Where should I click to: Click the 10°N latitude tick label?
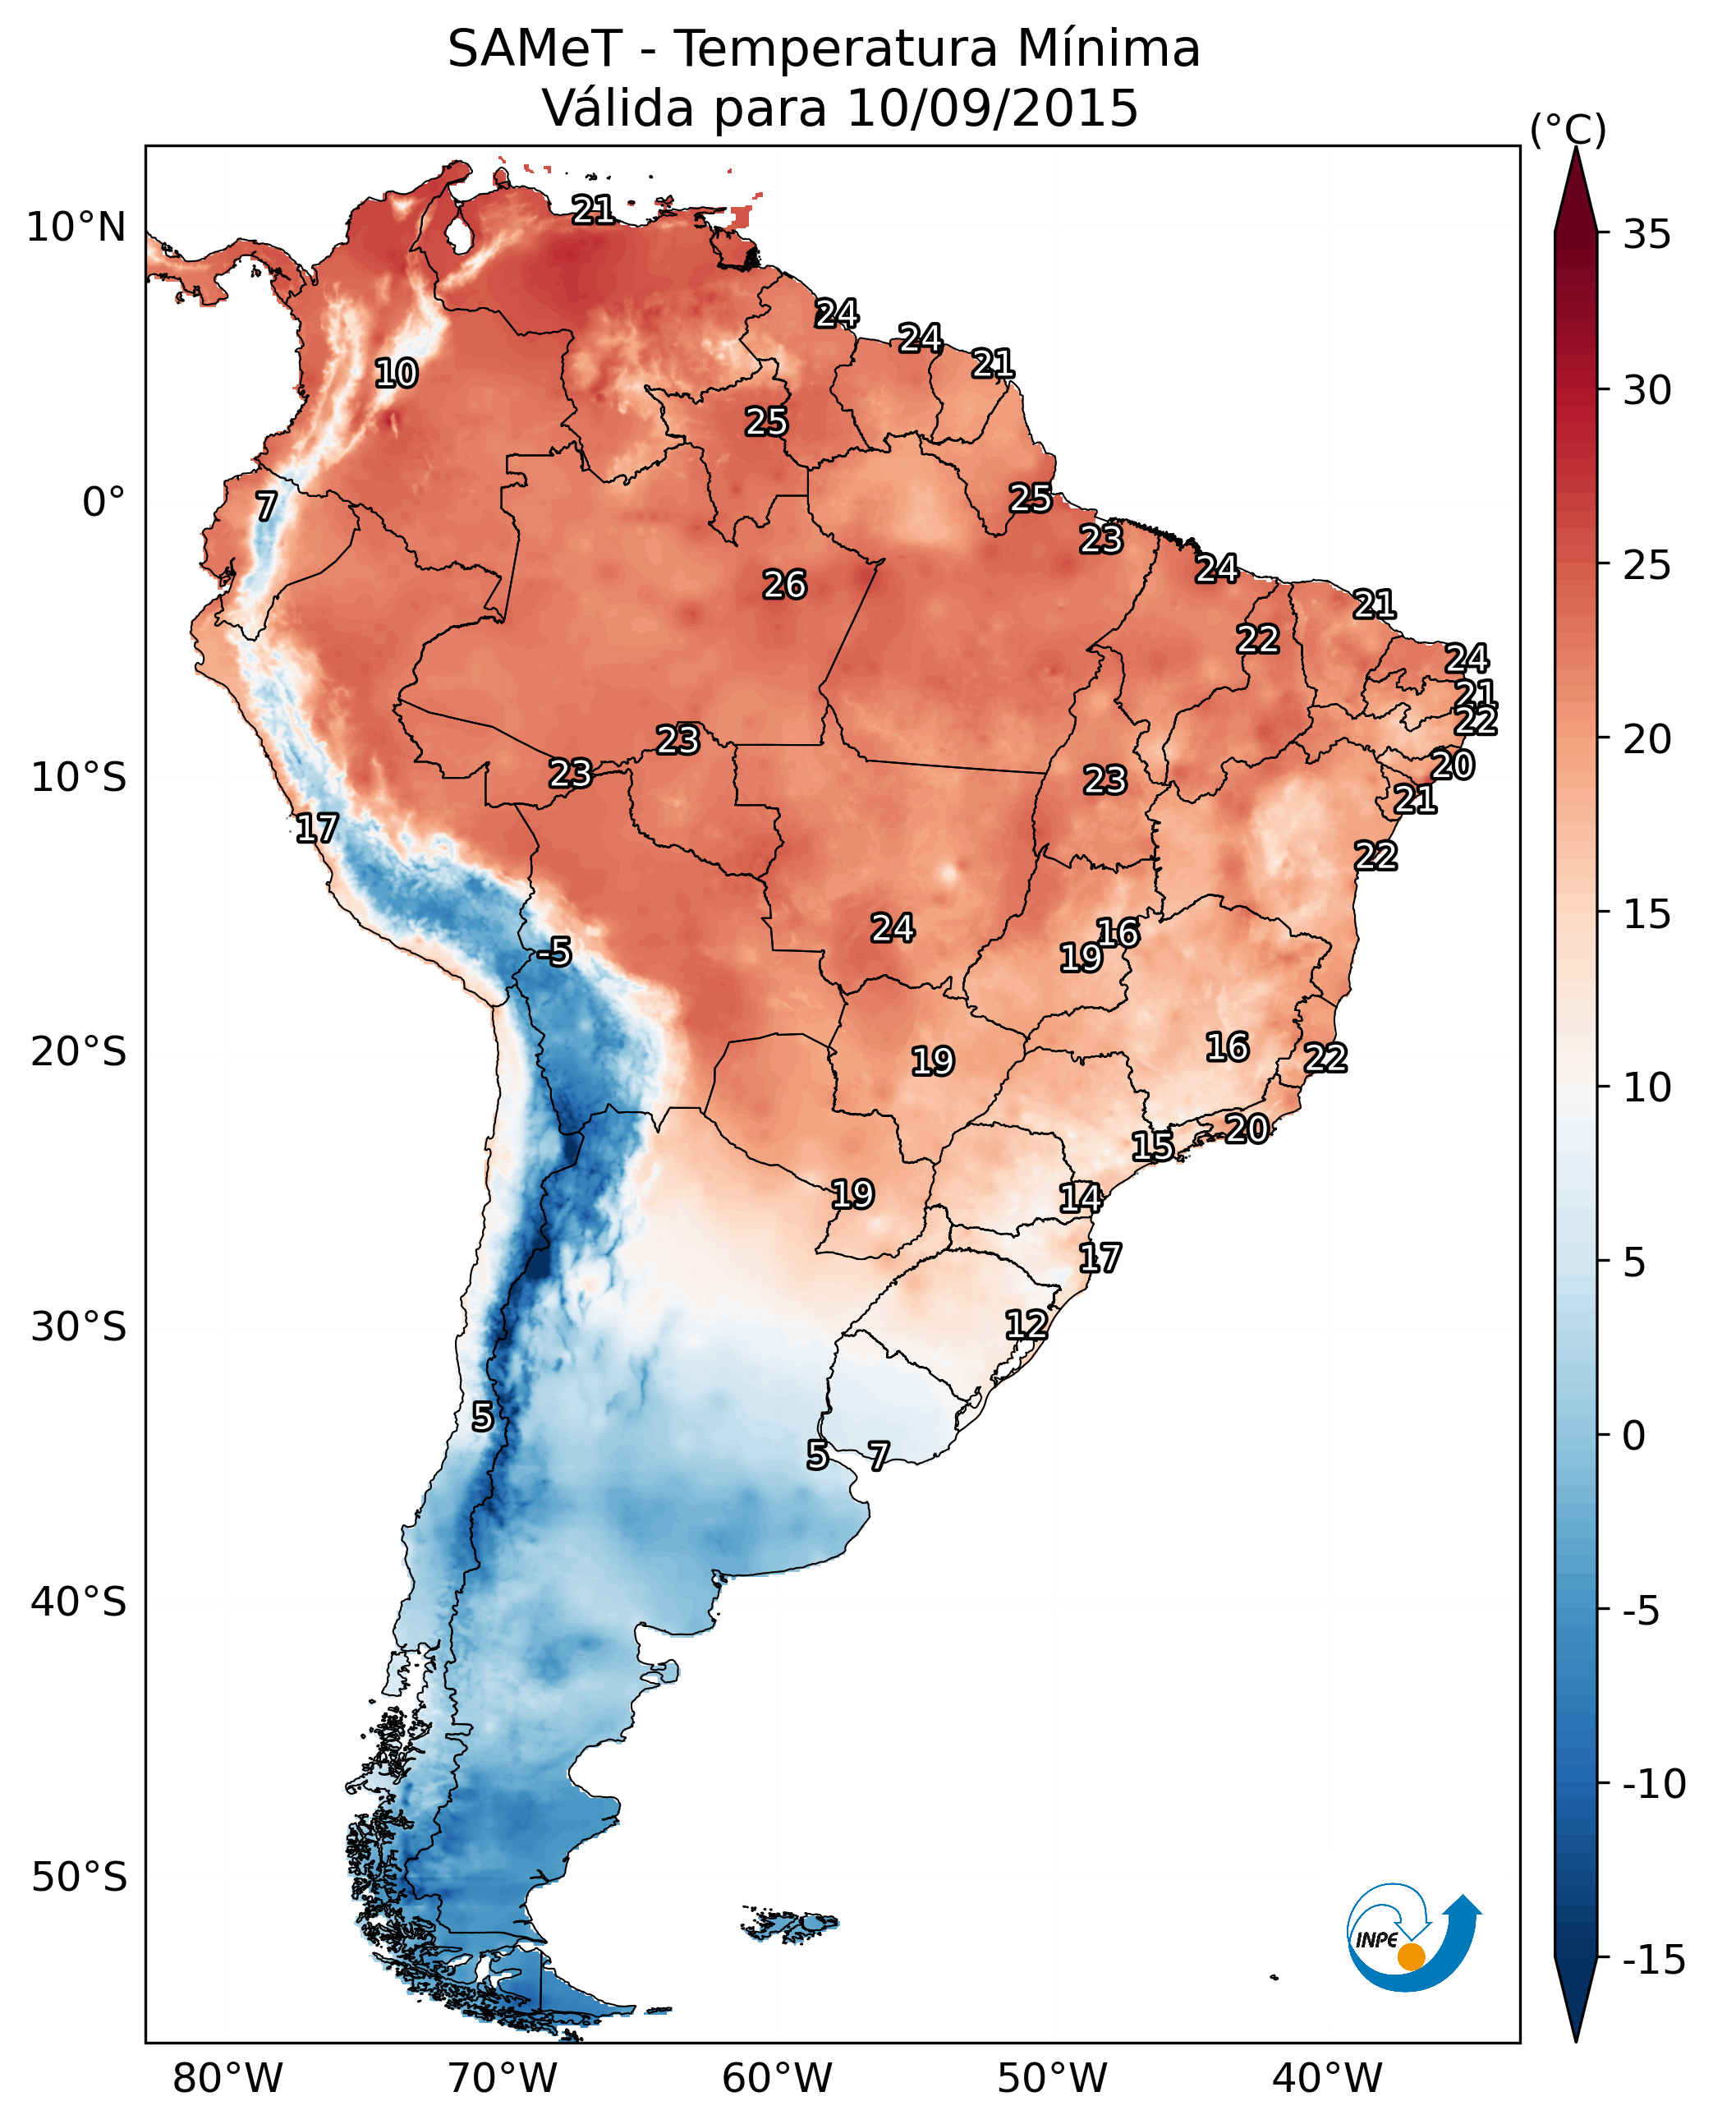point(76,228)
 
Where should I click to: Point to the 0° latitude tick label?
point(103,503)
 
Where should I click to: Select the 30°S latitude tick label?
point(79,1327)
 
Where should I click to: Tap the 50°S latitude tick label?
point(79,1876)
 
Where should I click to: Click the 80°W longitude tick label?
point(228,2078)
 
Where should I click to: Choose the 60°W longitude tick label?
point(778,2078)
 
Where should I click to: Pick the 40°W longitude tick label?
point(1327,2078)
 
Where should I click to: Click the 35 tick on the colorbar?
point(1646,235)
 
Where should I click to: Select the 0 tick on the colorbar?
point(1634,1436)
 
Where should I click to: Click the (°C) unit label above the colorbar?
point(1568,129)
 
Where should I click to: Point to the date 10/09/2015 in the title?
point(993,108)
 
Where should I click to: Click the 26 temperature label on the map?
point(785,586)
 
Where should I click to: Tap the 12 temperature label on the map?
point(1026,1325)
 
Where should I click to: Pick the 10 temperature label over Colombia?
point(397,374)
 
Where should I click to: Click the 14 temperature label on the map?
point(1081,1198)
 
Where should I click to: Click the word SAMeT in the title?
point(535,48)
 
